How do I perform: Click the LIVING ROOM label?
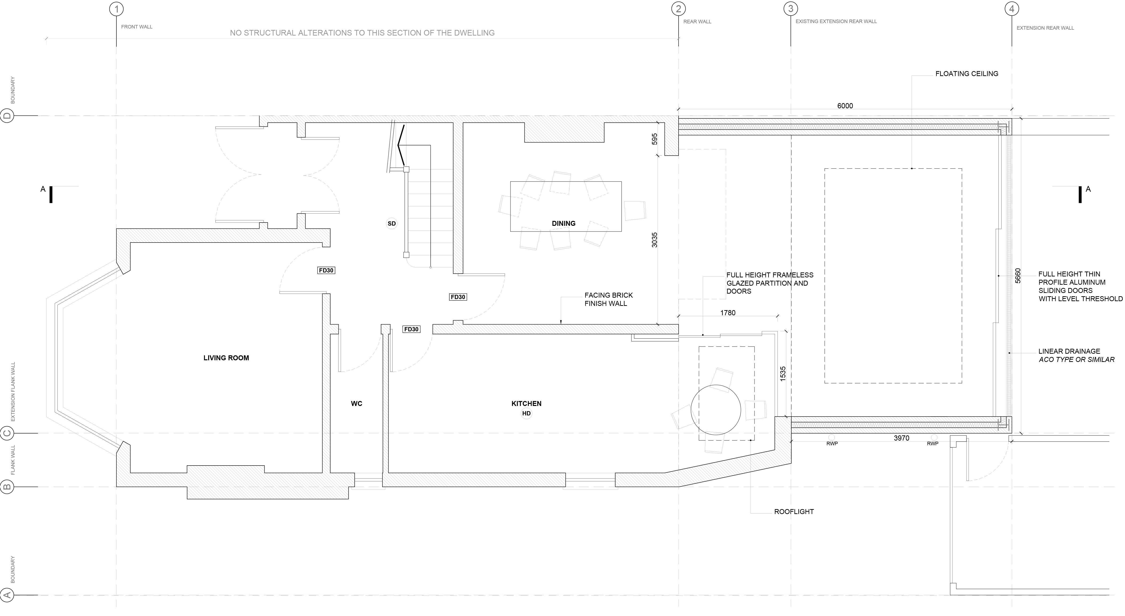226,358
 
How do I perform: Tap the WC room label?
356,404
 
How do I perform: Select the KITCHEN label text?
526,404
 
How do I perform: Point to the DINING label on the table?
563,223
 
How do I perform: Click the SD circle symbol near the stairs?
392,223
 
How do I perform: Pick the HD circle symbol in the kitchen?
526,413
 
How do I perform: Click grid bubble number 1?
116,9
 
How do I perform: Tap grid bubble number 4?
1012,9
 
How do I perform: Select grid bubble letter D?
8,116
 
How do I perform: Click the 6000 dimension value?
845,106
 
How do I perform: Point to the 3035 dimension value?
654,240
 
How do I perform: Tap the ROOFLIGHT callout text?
794,511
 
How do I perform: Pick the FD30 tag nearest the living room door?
326,271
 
